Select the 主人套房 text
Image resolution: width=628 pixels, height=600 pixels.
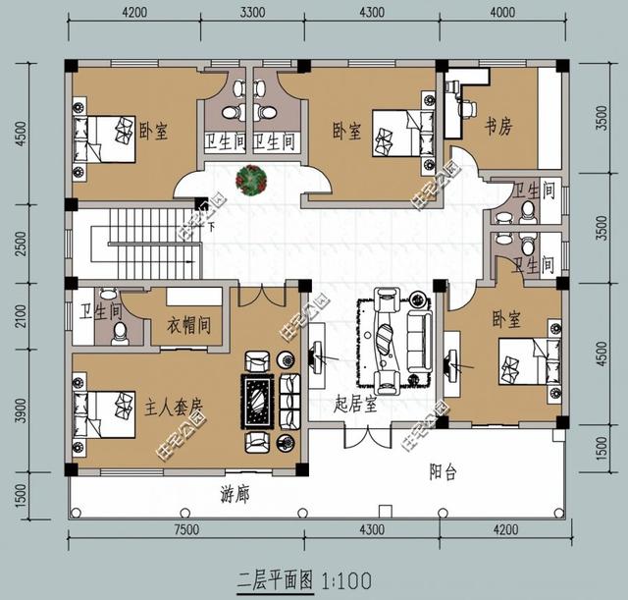pos(174,405)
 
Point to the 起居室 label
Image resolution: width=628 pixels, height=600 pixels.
pos(355,404)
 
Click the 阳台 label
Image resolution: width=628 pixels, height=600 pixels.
pos(444,472)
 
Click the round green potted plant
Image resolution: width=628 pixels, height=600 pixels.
pos(252,180)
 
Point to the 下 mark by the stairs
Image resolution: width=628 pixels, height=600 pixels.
pos(211,228)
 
